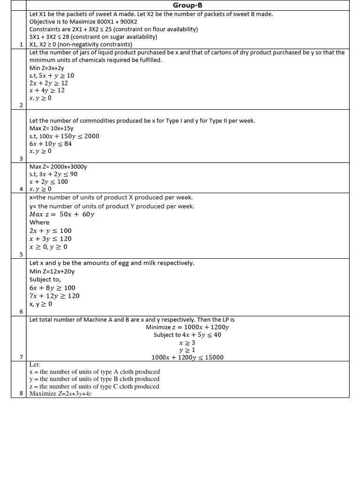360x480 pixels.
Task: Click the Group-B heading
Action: point(187,5)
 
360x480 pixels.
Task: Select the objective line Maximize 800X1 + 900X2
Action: point(83,22)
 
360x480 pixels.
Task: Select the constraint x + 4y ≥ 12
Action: point(47,90)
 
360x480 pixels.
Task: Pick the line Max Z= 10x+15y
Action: point(52,128)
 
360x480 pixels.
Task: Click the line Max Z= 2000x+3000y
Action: point(58,166)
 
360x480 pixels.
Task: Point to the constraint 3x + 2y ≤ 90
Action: point(53,174)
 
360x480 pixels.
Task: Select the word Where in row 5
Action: point(39,222)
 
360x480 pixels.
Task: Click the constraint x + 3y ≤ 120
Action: point(51,239)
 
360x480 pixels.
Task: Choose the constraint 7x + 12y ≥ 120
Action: point(54,296)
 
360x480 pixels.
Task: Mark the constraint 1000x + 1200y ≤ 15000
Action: point(187,357)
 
